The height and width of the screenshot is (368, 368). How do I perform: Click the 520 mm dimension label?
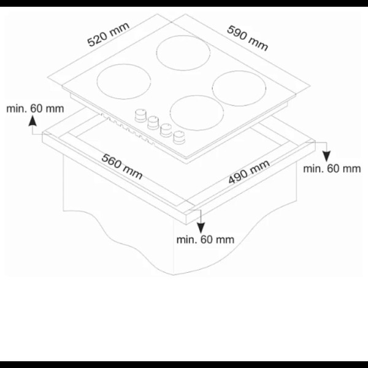108,34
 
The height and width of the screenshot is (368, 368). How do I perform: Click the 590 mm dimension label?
247,38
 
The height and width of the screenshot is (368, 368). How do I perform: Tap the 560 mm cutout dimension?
122,167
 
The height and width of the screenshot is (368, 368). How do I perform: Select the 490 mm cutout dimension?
249,172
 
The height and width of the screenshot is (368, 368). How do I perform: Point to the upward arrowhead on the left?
33,122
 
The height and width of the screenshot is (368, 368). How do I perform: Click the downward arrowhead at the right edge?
326,156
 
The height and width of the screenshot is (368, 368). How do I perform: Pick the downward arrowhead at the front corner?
201,228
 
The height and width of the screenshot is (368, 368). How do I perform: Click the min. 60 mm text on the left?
35,109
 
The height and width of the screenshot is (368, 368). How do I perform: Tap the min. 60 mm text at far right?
332,169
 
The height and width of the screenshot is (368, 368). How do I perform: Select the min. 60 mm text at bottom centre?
205,240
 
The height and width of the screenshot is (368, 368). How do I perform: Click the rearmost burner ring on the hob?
183,53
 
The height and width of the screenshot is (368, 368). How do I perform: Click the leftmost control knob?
140,116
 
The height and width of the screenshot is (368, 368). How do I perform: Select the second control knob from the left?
153,123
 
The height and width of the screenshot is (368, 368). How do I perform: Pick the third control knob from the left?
166,130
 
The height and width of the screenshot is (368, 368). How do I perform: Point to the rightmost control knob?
179,137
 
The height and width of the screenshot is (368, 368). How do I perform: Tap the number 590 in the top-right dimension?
237,33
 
